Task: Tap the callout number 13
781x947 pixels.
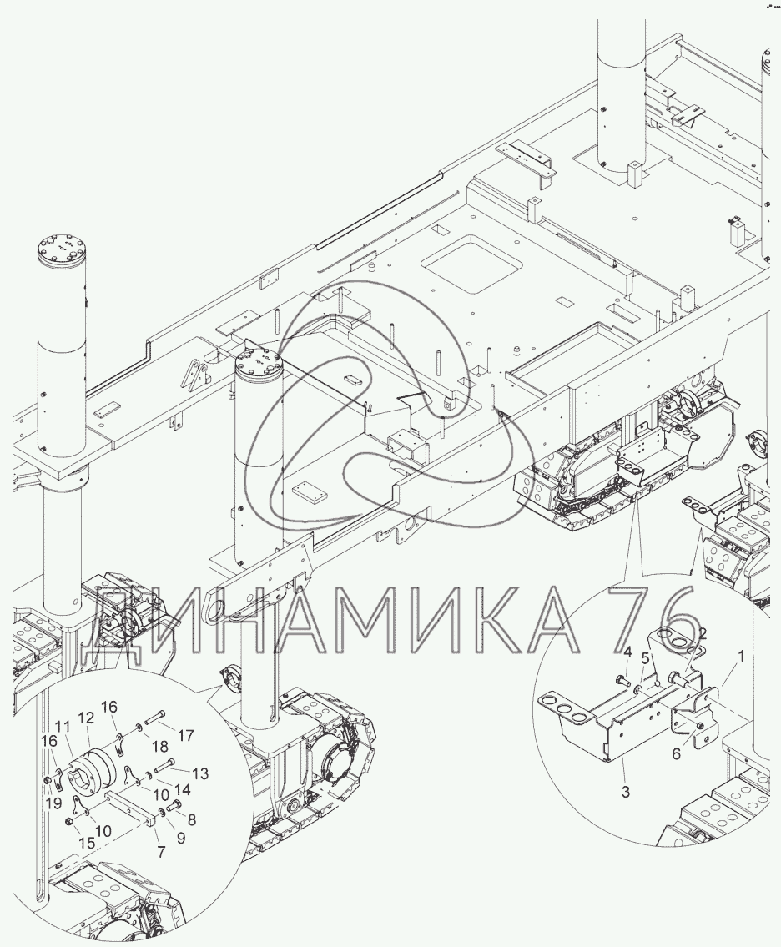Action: (x=200, y=773)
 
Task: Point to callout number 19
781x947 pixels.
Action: (x=53, y=803)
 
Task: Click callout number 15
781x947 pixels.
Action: (x=88, y=843)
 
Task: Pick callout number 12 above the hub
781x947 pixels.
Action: (x=88, y=718)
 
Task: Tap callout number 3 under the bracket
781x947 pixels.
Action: (x=626, y=791)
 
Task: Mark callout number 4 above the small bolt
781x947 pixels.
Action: (x=627, y=652)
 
